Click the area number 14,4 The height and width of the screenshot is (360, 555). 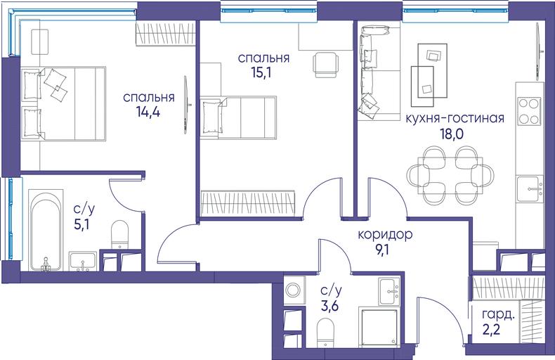(x=148, y=112)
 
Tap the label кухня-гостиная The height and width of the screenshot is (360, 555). (x=455, y=118)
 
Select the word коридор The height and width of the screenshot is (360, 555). (x=385, y=235)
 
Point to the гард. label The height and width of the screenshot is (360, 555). (x=498, y=314)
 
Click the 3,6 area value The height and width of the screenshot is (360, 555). (x=330, y=305)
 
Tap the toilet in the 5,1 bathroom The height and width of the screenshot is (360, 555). (x=119, y=234)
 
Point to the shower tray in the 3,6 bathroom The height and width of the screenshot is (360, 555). (x=379, y=327)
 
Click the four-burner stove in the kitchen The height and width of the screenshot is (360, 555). (x=529, y=111)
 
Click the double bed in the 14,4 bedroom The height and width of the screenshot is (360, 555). (x=63, y=104)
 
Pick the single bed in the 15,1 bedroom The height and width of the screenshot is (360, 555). (x=238, y=117)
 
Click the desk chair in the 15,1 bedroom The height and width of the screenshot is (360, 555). (x=323, y=65)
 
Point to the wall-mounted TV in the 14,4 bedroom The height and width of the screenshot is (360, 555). (x=186, y=105)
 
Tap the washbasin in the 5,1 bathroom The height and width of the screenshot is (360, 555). (x=83, y=261)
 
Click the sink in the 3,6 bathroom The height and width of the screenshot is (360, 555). (x=389, y=290)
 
